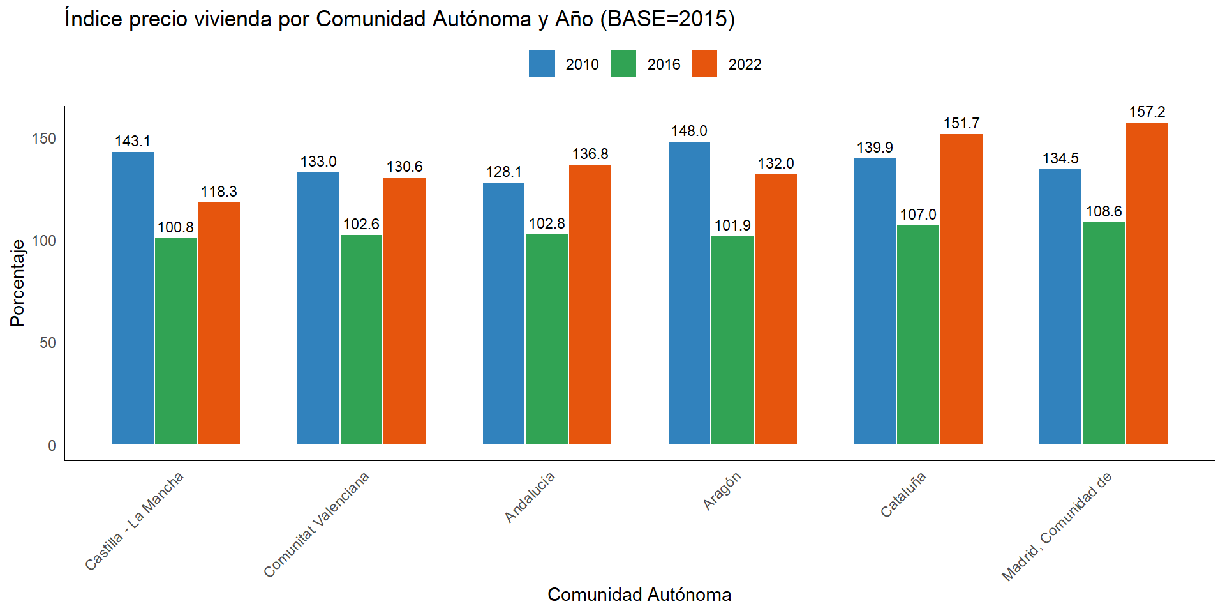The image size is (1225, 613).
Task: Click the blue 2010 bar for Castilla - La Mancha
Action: coord(133,298)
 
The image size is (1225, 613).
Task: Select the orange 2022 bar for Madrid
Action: coord(1147,283)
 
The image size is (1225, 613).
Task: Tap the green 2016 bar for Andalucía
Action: coord(547,339)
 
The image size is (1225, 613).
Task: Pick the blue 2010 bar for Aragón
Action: coord(689,292)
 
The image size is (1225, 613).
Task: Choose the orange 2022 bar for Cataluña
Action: coord(961,289)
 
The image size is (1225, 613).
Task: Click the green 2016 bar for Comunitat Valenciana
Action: coord(361,339)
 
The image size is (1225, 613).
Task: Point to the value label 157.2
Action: coord(1147,112)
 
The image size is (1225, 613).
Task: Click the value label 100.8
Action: coord(175,228)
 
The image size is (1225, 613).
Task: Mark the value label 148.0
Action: coord(689,132)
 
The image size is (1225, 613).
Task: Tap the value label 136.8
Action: coord(590,155)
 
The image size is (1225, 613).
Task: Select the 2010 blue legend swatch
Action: coord(542,64)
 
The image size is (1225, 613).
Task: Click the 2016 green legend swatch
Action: coord(623,64)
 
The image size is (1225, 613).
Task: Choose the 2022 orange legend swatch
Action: coord(704,64)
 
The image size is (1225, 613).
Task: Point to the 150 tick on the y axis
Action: coord(44,139)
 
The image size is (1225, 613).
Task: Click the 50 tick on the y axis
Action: coord(48,343)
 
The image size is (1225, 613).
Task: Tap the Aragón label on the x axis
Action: coord(722,491)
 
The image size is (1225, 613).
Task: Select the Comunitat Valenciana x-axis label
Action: coord(317,524)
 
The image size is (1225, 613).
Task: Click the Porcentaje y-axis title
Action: coord(17,283)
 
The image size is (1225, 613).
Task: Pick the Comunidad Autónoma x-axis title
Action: coord(639,594)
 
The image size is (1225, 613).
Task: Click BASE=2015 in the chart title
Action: coord(667,19)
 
